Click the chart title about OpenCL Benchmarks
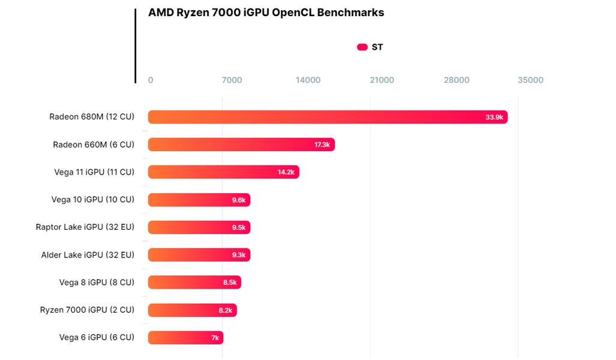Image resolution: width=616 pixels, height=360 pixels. [266, 13]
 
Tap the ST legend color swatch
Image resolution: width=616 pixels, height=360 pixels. [362, 47]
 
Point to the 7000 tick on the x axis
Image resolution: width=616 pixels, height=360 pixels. [232, 80]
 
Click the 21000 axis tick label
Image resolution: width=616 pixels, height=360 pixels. [382, 80]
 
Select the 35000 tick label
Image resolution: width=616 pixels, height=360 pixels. [531, 80]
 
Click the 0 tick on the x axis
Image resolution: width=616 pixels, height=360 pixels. [151, 80]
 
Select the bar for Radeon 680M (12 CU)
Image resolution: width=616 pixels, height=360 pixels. [328, 117]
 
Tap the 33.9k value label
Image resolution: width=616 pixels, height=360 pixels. [494, 117]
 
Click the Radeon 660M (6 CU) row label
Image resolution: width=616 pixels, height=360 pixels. [94, 145]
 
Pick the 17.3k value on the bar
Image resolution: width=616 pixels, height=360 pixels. [322, 145]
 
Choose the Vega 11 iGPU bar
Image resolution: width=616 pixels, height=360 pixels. [223, 172]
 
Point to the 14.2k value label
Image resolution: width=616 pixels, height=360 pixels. [286, 172]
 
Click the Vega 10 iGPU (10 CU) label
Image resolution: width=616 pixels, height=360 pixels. [93, 200]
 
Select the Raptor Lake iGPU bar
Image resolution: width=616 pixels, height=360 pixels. [199, 227]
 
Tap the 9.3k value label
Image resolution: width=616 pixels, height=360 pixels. [238, 255]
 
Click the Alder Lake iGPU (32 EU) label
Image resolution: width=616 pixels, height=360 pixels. [88, 255]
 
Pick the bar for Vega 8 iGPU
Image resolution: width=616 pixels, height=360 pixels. [195, 283]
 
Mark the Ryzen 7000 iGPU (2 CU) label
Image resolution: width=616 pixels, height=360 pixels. [87, 310]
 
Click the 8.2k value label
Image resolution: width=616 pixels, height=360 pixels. [225, 310]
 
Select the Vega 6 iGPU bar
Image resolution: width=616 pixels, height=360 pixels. [186, 338]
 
